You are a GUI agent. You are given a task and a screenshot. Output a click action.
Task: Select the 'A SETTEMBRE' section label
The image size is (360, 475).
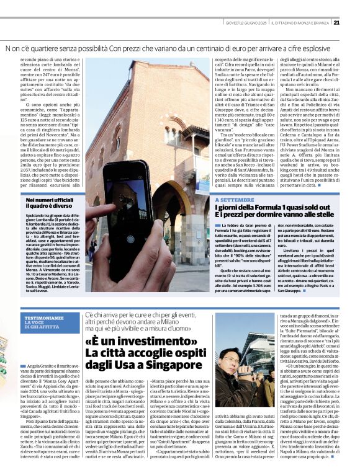click(x=235, y=200)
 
